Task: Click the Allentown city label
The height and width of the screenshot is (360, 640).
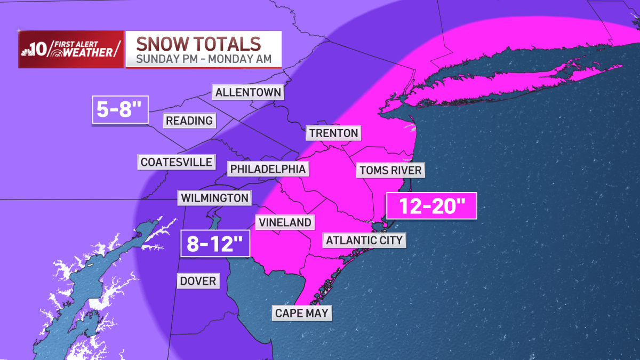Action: pyautogui.click(x=248, y=92)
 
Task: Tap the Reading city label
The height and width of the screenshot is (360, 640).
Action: pyautogui.click(x=189, y=121)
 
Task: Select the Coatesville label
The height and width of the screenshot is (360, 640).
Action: pyautogui.click(x=177, y=162)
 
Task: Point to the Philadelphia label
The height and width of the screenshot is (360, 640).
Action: pyautogui.click(x=268, y=169)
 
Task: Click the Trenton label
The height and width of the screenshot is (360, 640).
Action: pyautogui.click(x=333, y=133)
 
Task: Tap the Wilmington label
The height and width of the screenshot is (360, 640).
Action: pyautogui.click(x=215, y=198)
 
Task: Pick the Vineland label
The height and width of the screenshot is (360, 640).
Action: pyautogui.click(x=284, y=222)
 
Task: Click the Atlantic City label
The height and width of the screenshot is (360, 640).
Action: pyautogui.click(x=365, y=240)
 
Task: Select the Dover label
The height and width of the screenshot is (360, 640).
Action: pyautogui.click(x=198, y=281)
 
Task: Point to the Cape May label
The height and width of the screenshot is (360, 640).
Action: pyautogui.click(x=302, y=313)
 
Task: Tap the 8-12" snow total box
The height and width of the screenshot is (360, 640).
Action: pyautogui.click(x=215, y=245)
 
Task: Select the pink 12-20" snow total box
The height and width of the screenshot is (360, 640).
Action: pyautogui.click(x=431, y=206)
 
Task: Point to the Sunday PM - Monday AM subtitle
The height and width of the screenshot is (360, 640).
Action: pyautogui.click(x=203, y=59)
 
